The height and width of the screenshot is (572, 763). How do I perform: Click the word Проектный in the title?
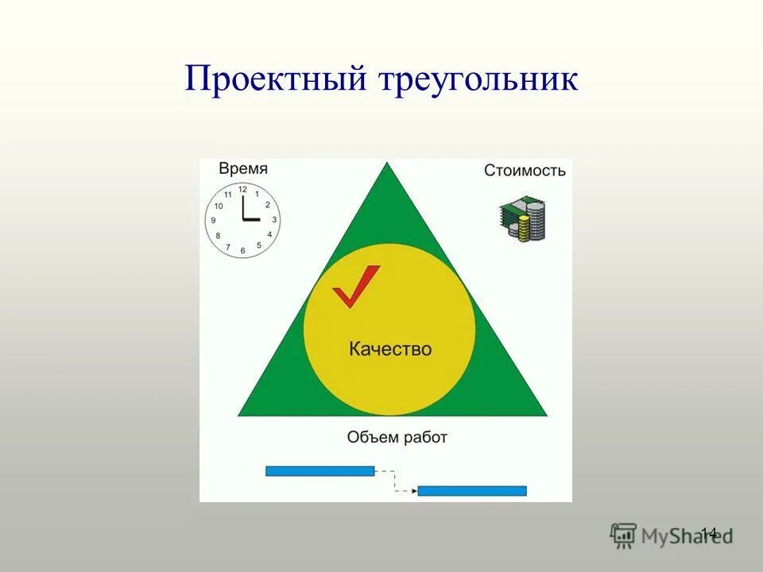pyautogui.click(x=275, y=80)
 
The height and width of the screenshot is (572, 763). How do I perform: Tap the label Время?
pyautogui.click(x=243, y=168)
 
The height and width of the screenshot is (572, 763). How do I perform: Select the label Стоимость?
pyautogui.click(x=525, y=170)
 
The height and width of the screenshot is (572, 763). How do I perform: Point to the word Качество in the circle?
pyautogui.click(x=390, y=349)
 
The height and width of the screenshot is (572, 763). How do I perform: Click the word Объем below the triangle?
pyautogui.click(x=370, y=436)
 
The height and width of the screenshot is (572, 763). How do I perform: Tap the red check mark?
pyautogui.click(x=354, y=287)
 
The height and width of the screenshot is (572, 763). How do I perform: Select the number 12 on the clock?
pyautogui.click(x=242, y=190)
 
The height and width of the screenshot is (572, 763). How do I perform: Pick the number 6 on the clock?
pyautogui.click(x=242, y=251)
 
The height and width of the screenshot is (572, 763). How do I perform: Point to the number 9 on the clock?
pyautogui.click(x=212, y=221)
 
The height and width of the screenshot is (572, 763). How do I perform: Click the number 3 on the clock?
pyautogui.click(x=274, y=220)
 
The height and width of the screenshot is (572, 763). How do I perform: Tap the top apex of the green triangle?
pyautogui.click(x=388, y=164)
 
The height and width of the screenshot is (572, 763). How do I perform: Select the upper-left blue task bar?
pyautogui.click(x=320, y=471)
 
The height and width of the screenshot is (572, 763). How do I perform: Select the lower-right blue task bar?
pyautogui.click(x=472, y=491)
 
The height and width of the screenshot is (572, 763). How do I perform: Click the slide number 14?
pyautogui.click(x=709, y=532)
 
